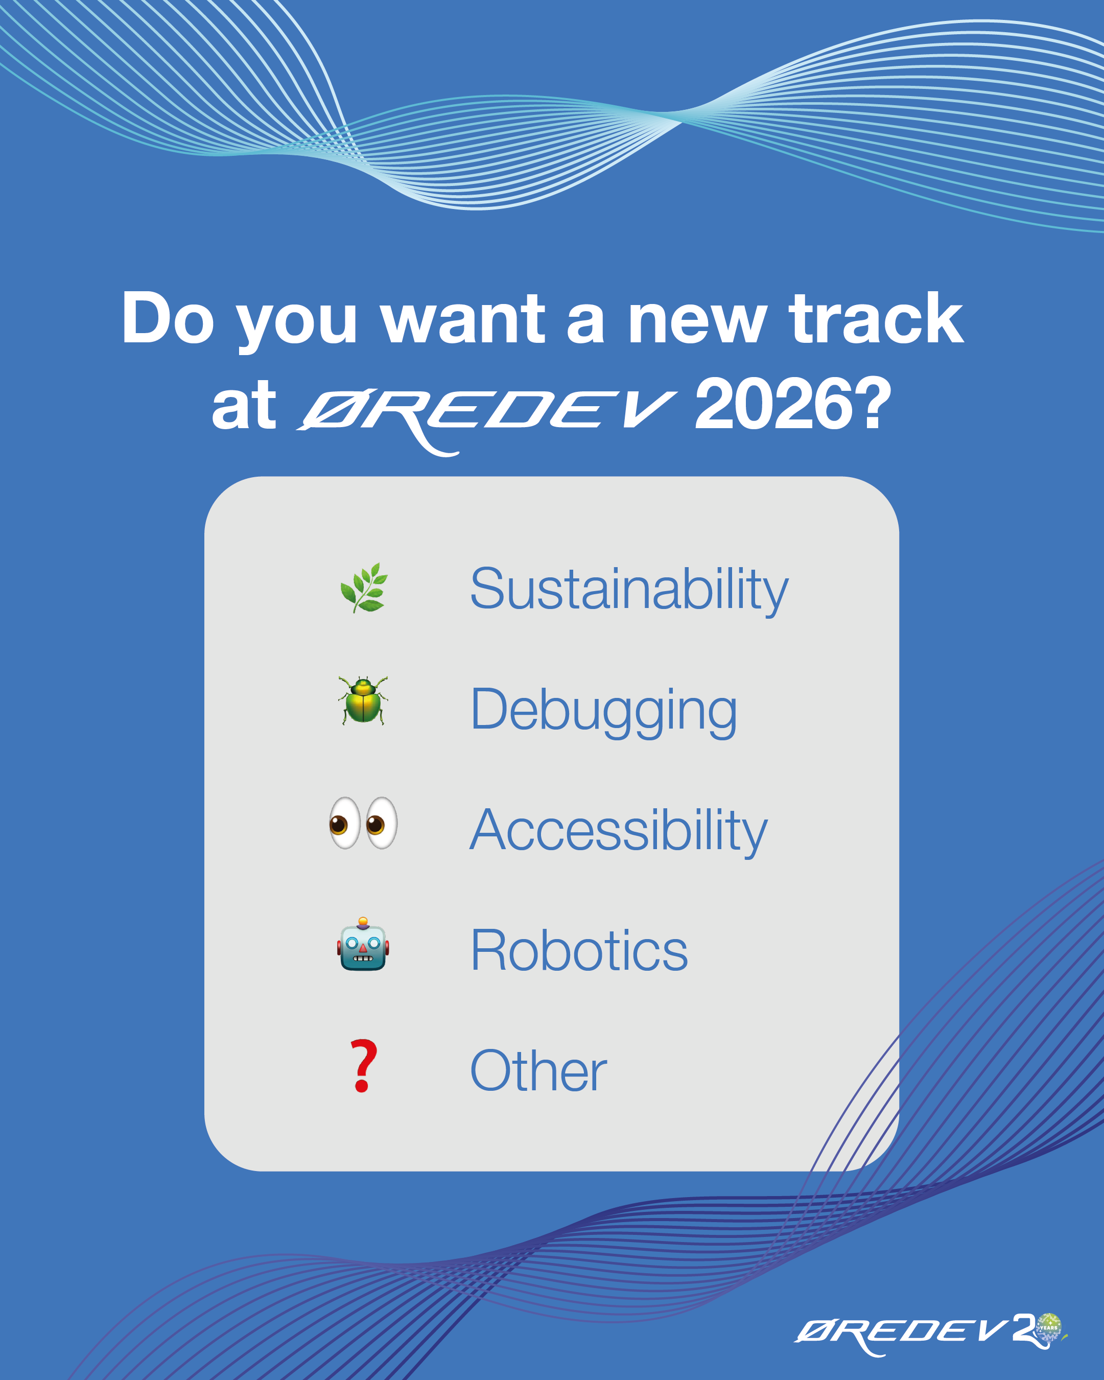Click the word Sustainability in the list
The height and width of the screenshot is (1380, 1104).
[x=629, y=590]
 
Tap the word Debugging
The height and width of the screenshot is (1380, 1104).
[x=603, y=711]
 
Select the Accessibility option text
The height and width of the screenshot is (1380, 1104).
[x=618, y=831]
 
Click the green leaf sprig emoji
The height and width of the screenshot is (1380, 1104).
[x=364, y=588]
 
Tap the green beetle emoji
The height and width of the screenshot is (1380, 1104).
[x=363, y=700]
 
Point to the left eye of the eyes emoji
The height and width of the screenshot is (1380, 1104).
[x=345, y=823]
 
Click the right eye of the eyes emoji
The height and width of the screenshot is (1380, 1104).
[x=382, y=823]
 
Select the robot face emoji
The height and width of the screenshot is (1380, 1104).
[x=363, y=945]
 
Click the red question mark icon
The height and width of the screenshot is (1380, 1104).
[x=363, y=1066]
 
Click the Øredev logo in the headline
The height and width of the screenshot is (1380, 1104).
[x=486, y=414]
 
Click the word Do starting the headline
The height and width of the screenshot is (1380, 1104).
[x=168, y=318]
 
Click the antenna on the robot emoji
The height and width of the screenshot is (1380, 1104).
[x=363, y=922]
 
